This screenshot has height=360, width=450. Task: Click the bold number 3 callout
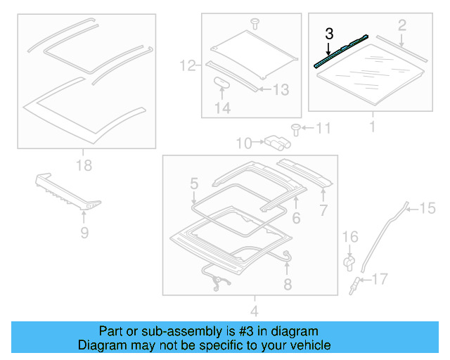328,33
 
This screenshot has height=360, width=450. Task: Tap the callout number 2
401,26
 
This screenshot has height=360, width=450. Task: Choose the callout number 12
186,67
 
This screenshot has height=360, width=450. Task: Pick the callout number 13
281,89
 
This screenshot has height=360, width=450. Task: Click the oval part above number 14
222,82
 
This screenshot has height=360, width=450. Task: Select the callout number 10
243,143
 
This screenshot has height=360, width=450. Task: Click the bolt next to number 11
295,129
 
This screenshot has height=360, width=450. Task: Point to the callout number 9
84,232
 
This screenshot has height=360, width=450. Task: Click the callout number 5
193,185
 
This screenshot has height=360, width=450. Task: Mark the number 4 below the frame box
254,311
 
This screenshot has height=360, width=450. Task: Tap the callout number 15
427,207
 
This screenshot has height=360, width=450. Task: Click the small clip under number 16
349,262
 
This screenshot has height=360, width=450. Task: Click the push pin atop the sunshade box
255,23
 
